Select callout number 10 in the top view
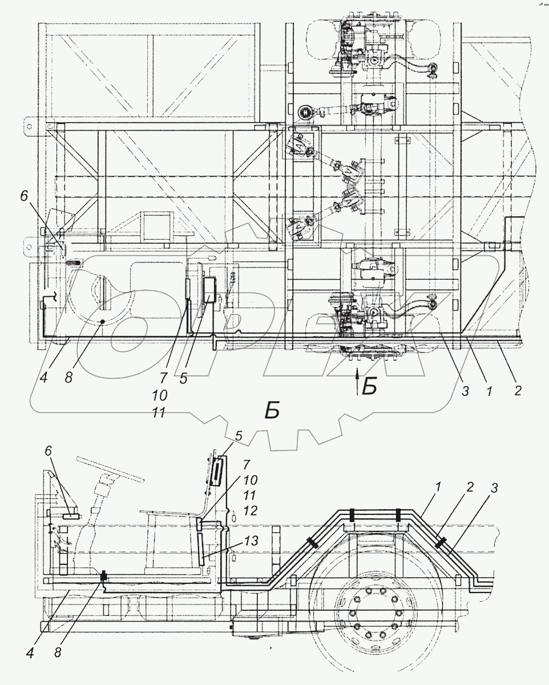[x=159, y=395]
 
